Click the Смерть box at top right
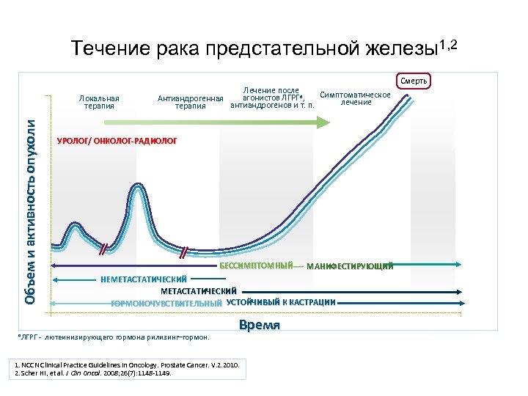pos(414,80)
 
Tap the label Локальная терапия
pos(100,101)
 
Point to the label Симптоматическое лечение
pos(356,98)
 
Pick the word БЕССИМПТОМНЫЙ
pos(257,265)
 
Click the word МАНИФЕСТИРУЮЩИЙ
pos(350,266)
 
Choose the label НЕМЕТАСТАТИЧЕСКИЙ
pos(144,279)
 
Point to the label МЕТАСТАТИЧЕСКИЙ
pos(198,291)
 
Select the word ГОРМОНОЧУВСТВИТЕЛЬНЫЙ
pos(166,303)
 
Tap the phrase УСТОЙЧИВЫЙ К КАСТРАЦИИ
pos(281,302)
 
